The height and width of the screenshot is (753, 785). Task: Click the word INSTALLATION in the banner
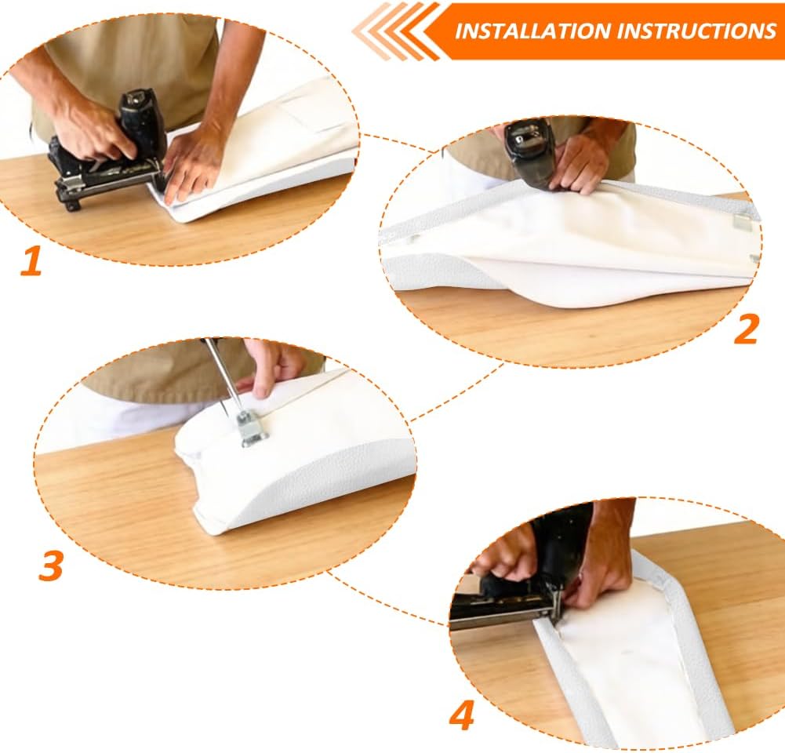tap(533, 31)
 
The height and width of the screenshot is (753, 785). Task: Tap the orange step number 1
tap(31, 261)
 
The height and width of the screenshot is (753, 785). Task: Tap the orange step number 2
tap(746, 329)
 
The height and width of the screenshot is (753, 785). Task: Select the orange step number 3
tap(51, 566)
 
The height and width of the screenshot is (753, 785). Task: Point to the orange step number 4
tap(461, 715)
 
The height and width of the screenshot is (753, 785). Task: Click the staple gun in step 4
tap(516, 580)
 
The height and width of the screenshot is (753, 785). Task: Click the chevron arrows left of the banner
tap(395, 31)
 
